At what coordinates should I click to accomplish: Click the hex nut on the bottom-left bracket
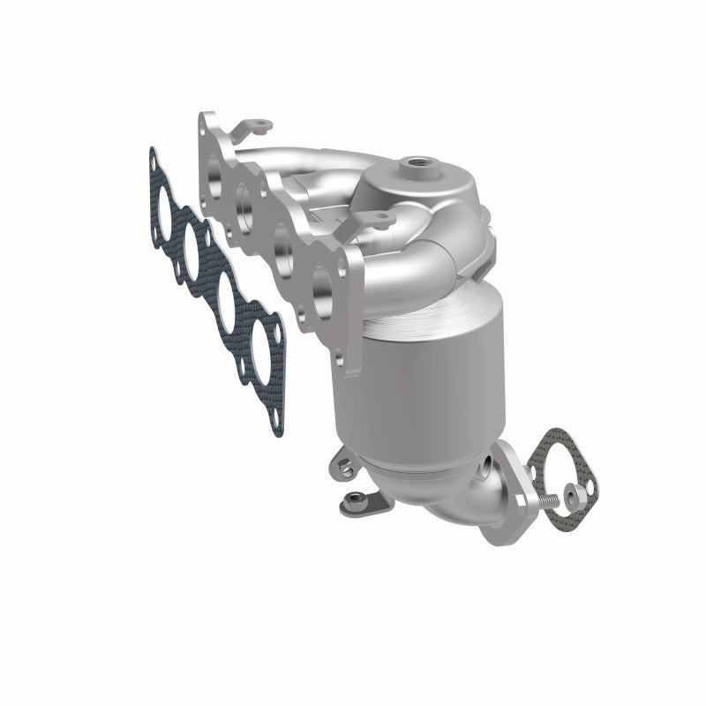351,503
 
